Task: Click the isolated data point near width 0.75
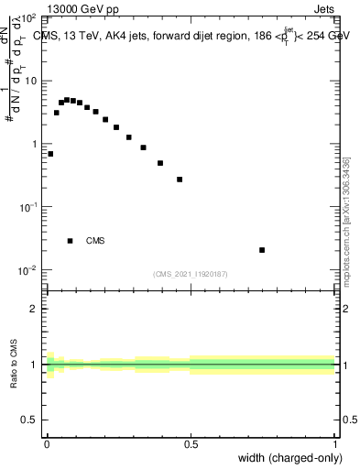coord(262,250)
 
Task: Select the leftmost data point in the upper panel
coord(50,154)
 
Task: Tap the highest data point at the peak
coord(67,99)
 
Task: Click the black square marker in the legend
coord(70,241)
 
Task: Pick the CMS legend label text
coord(95,241)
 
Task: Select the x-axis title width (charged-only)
coord(290,457)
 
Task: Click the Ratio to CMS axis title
coord(15,364)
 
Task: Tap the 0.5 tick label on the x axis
coord(191,444)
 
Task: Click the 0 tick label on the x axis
coord(47,444)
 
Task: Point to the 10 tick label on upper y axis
coord(31,81)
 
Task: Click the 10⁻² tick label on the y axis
coord(27,269)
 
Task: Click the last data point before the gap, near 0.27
coord(180,180)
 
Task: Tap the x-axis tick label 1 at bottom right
coord(334,444)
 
